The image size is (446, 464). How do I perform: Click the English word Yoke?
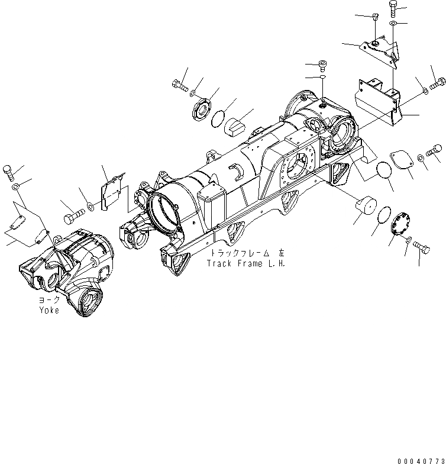point(49,310)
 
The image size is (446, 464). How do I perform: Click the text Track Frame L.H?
point(245,264)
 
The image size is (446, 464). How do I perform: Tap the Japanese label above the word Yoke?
point(50,301)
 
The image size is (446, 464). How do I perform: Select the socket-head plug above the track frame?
point(323,64)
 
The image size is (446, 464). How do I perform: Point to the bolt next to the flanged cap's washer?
point(178,85)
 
